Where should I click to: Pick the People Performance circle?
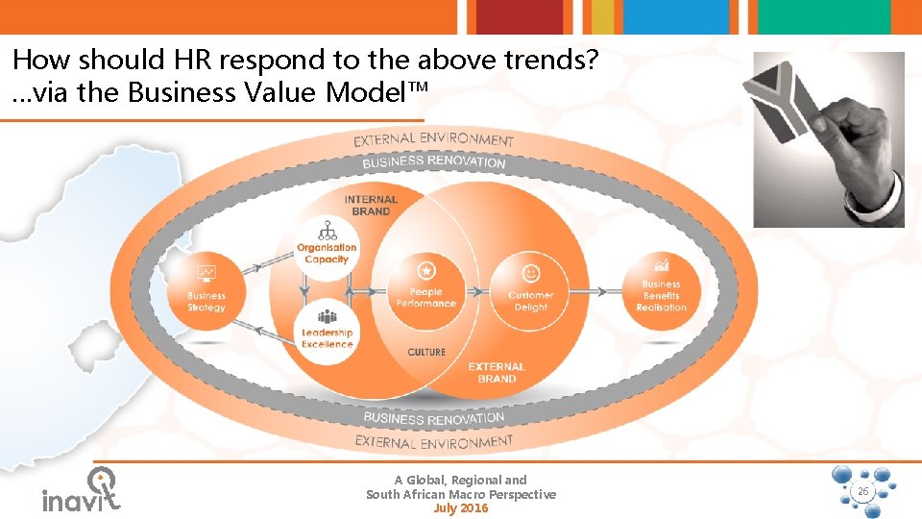(426, 288)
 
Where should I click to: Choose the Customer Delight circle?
(530, 289)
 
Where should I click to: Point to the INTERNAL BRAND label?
(371, 206)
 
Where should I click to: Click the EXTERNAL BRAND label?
(497, 373)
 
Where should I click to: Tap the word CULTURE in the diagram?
(426, 353)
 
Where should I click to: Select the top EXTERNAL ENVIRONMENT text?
(434, 140)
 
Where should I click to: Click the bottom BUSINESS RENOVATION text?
(433, 419)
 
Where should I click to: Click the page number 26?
(861, 491)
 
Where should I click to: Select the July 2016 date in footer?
(461, 508)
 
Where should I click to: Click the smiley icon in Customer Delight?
(530, 273)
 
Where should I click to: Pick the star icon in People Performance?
(426, 272)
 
